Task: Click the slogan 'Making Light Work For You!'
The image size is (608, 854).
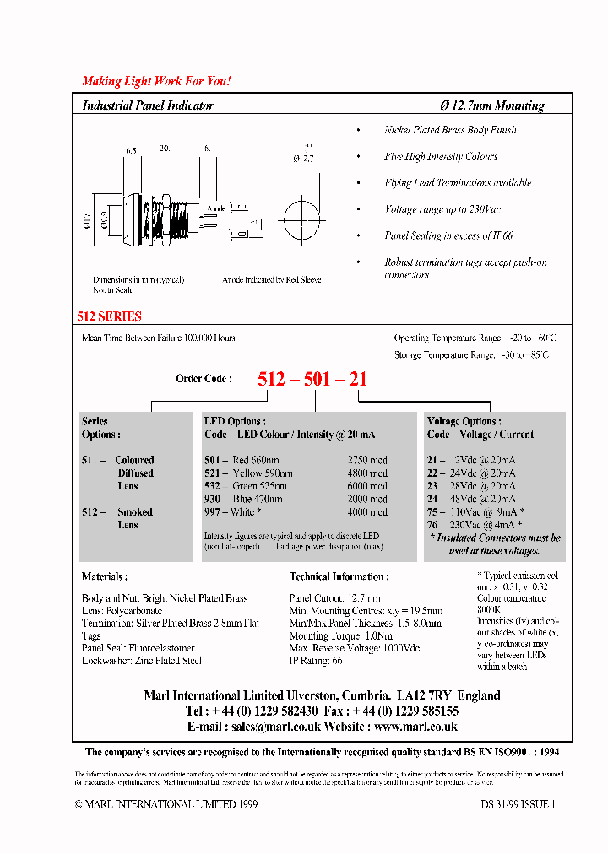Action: [x=156, y=81]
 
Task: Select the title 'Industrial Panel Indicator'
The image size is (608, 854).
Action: [x=148, y=105]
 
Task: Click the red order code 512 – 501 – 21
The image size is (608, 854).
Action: [x=312, y=379]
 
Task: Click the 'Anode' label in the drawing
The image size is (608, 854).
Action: [x=215, y=208]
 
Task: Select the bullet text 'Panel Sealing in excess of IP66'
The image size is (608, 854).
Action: [x=448, y=236]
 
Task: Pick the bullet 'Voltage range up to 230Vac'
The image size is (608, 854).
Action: [x=442, y=209]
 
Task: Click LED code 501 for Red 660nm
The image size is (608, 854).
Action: [x=211, y=460]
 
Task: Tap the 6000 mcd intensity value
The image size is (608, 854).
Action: [x=367, y=486]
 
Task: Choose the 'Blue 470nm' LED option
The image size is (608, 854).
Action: [x=259, y=499]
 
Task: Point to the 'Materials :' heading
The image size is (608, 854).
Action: [x=105, y=576]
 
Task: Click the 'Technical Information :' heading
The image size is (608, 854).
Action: [x=339, y=576]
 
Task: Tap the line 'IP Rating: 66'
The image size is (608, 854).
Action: [x=316, y=661]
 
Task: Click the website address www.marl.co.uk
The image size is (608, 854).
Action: [x=415, y=726]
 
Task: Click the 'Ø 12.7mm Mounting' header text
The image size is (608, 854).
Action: [x=492, y=105]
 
